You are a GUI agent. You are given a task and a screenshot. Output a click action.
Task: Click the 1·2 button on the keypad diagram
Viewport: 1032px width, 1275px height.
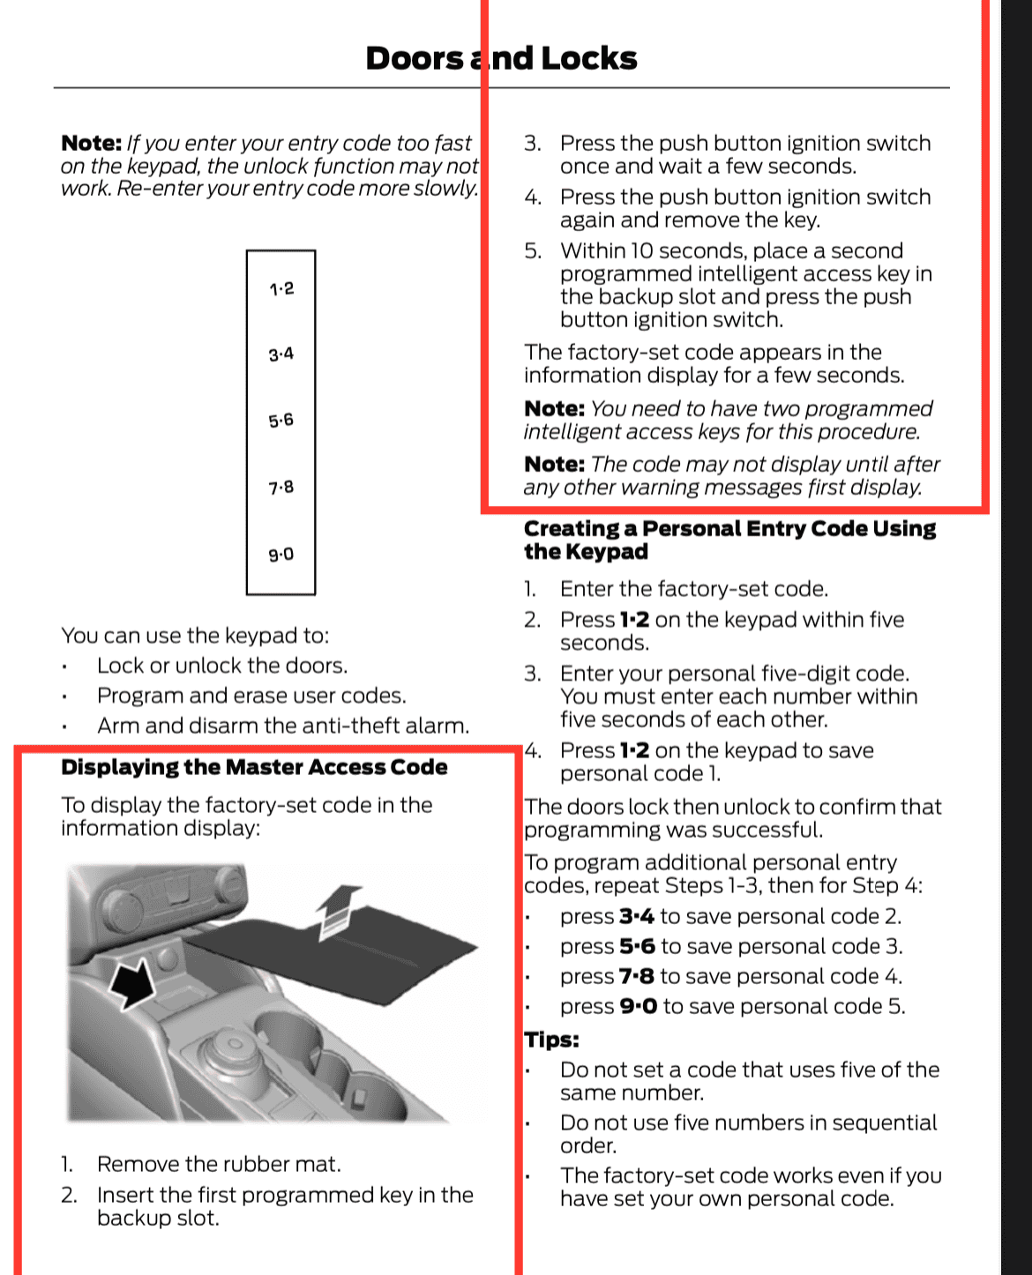point(281,288)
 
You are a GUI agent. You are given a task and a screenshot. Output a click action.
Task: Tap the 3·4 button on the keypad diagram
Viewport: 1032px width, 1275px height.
point(281,354)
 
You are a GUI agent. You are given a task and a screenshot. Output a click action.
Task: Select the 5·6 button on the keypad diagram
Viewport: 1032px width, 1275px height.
point(281,421)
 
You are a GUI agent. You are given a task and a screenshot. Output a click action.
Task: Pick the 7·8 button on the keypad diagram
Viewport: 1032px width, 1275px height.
point(281,488)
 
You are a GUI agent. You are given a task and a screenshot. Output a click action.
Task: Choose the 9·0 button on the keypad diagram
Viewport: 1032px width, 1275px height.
point(281,555)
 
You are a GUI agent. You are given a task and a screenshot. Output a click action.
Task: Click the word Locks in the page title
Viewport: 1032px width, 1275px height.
point(588,58)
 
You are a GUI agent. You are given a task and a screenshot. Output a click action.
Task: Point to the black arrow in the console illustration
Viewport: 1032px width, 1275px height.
point(132,982)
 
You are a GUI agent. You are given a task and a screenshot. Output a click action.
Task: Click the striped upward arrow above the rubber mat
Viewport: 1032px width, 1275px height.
point(338,910)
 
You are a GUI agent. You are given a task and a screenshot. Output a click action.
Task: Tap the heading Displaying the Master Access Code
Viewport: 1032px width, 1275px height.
point(254,767)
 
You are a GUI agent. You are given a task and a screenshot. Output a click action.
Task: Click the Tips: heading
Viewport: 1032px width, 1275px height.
point(551,1040)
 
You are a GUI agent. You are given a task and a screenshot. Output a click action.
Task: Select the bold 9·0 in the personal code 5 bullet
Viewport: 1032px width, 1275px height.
point(638,1007)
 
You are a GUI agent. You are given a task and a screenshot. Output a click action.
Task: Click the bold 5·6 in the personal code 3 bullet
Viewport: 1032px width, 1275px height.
point(637,947)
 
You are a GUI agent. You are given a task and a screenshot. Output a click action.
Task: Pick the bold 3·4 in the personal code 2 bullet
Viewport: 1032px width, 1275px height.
point(636,917)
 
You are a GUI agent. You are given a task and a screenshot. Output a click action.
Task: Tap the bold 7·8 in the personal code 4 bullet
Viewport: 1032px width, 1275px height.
point(636,977)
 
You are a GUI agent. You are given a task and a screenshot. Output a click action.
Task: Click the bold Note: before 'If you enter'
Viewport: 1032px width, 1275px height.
point(91,144)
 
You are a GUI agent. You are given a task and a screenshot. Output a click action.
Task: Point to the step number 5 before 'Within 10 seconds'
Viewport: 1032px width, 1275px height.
point(532,251)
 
